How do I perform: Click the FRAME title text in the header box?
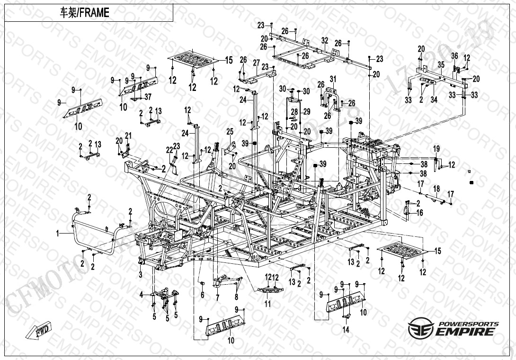[84, 13]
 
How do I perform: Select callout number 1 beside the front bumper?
[58, 233]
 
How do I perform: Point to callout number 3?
[141, 275]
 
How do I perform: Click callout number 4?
[141, 295]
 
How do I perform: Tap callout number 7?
[217, 297]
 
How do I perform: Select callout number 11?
[268, 304]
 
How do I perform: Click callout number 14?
[346, 330]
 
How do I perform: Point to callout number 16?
[419, 213]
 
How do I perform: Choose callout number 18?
[436, 189]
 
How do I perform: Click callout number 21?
[128, 135]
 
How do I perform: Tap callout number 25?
[230, 131]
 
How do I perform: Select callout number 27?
[256, 63]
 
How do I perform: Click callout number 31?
[333, 79]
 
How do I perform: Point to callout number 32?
[324, 41]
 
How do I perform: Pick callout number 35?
[440, 64]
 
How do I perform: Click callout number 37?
[148, 97]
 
